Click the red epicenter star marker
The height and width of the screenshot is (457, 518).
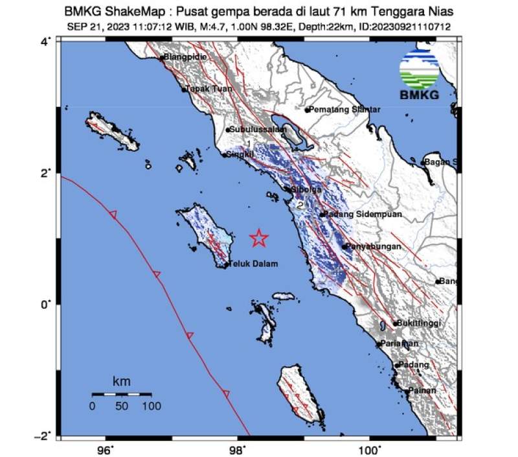259,238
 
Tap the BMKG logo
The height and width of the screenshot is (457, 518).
419,76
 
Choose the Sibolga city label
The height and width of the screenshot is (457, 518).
307,189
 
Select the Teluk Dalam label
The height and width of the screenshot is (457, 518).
255,264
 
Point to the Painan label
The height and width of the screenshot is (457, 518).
422,390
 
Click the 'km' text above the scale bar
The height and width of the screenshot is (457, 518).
121,382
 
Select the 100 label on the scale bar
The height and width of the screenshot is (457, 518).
152,406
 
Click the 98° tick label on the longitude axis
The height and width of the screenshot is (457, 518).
238,449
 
